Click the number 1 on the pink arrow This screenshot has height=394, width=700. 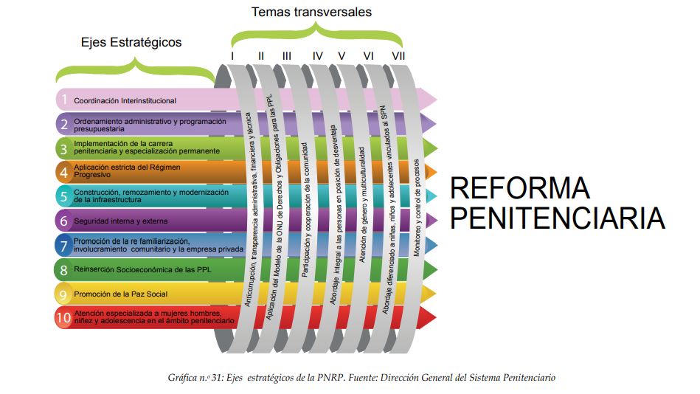tap(64, 100)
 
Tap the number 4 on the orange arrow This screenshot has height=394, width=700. tap(65, 173)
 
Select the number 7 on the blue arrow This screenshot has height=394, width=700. tap(65, 246)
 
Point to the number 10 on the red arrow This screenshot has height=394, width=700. tap(64, 318)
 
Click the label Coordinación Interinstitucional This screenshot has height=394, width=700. tap(125, 100)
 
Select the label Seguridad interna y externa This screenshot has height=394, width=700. tap(120, 221)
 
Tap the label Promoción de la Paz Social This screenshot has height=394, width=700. tap(120, 294)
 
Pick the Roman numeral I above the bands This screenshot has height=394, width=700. tap(232, 55)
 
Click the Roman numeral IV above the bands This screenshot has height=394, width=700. tap(318, 55)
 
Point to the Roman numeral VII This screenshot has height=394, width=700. tap(398, 55)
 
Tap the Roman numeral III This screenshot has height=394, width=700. tap(287, 55)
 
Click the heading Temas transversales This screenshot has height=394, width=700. tap(311, 13)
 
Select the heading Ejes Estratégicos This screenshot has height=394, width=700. tap(131, 43)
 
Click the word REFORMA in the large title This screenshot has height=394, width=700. tap(521, 188)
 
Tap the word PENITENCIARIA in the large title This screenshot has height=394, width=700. tap(558, 218)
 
